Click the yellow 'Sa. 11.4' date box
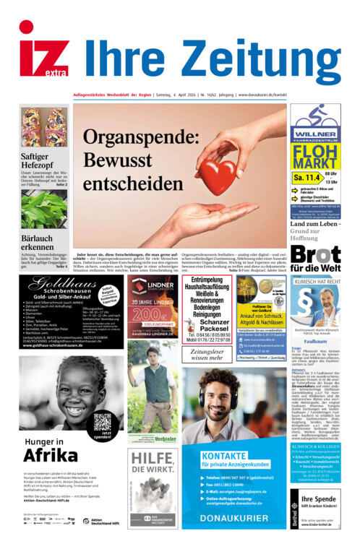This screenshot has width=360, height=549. click(307, 177)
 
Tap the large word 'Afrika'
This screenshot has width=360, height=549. click(51, 454)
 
